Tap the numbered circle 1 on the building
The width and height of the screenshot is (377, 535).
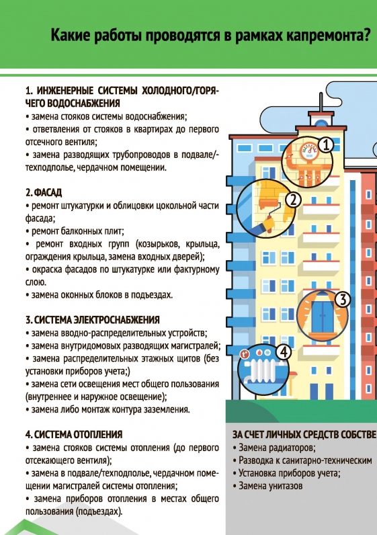point(327,145)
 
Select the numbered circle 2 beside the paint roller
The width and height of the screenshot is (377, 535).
point(293,200)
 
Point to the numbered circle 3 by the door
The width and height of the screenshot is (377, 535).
point(343,300)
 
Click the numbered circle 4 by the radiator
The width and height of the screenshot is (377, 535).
point(283,352)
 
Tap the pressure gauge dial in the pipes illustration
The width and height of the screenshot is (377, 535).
point(309,151)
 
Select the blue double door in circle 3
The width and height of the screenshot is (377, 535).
point(323,317)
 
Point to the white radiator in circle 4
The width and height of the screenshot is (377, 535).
point(263,371)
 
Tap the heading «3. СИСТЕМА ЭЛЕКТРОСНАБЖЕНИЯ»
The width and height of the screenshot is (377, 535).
point(93,320)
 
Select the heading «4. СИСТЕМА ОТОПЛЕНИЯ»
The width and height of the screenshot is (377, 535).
point(74,435)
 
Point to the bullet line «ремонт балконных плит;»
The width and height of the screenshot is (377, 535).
point(75,231)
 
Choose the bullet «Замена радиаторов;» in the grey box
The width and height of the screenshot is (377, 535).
point(274,448)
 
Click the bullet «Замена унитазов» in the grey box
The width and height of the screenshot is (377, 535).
point(268,486)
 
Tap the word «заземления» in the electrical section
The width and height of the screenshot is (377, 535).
point(165,409)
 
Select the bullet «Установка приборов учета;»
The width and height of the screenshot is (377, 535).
point(286,473)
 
